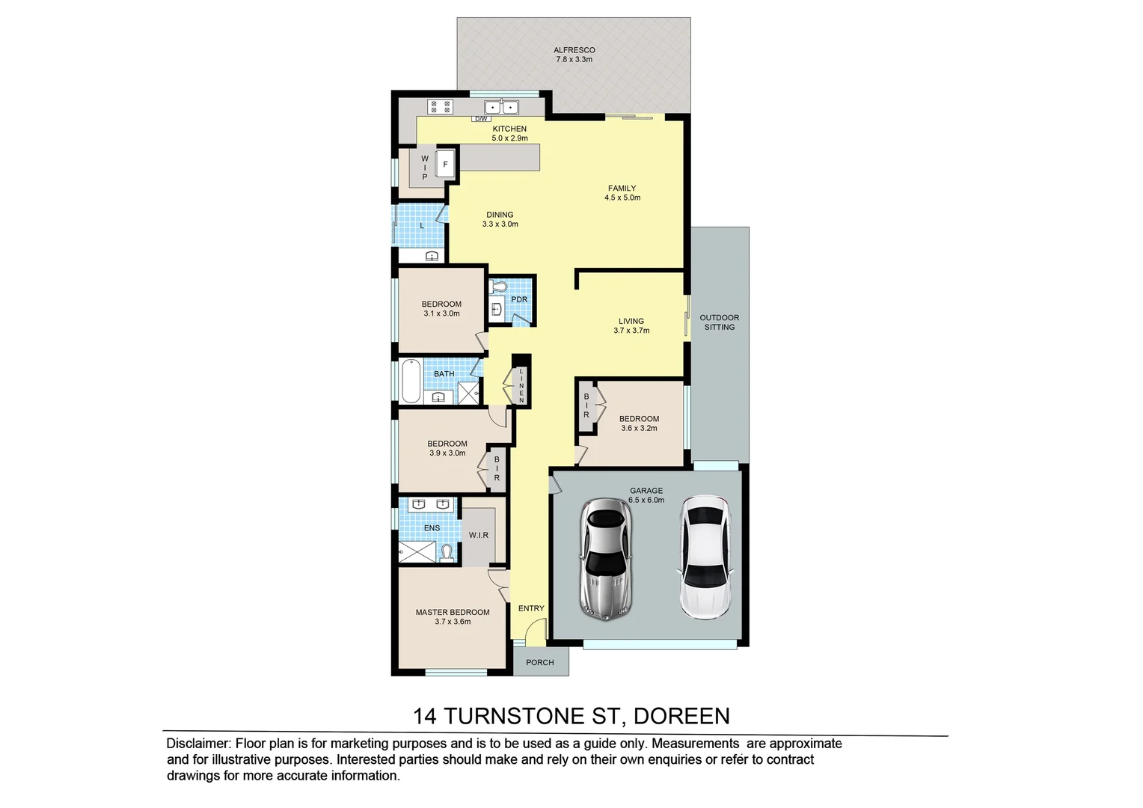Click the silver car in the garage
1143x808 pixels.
coord(606,558)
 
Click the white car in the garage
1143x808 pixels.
coord(704,557)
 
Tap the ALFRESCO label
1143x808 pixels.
coord(574,50)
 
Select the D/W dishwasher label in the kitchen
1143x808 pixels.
coord(481,119)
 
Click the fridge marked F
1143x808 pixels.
coord(445,165)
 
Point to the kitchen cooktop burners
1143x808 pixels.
coord(440,107)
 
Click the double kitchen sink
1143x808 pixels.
coord(501,107)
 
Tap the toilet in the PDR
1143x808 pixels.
coord(499,287)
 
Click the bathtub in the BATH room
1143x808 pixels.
coord(411,382)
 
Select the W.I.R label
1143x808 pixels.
coord(479,535)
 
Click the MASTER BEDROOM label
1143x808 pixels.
coord(453,612)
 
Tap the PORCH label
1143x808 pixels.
coord(540,662)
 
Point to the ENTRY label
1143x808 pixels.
coord(531,608)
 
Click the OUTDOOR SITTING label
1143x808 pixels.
coord(720,322)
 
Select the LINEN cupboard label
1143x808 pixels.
coord(521,386)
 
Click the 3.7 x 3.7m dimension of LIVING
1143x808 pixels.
coord(631,331)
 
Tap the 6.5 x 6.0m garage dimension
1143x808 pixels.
coord(646,501)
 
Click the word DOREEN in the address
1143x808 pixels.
coord(681,716)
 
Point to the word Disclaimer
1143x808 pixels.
coord(197,744)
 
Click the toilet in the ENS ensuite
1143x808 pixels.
coord(447,553)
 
